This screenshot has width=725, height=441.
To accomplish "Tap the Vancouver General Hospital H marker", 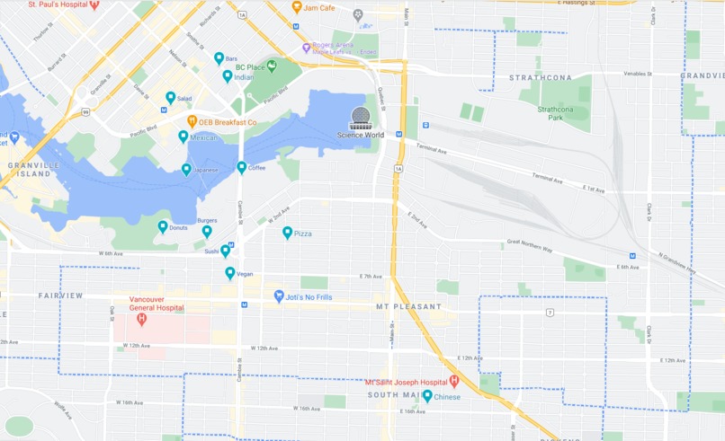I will click(x=140, y=319).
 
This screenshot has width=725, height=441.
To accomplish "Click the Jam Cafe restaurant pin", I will click(x=297, y=7).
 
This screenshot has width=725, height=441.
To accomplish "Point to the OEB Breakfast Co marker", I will click(x=192, y=121).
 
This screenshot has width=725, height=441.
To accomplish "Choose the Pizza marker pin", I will click(x=287, y=233).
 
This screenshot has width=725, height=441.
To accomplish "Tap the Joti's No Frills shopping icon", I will click(x=279, y=295).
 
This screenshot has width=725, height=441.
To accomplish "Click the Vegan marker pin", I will click(x=230, y=272).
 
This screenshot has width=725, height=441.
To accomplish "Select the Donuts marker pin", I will click(x=163, y=227).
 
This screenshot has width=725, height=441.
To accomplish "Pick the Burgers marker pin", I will click(x=207, y=231).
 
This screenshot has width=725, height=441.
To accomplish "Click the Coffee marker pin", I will click(x=242, y=167).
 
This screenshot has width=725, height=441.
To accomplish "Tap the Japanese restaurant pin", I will click(x=186, y=169).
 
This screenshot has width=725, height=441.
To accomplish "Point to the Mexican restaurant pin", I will click(x=183, y=137).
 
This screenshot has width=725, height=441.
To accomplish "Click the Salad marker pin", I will click(x=170, y=97).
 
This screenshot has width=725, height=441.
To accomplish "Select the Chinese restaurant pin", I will click(x=427, y=395).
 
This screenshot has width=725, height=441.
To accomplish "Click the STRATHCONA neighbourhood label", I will click(x=540, y=78).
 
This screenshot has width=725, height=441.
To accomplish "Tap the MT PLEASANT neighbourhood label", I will click(x=409, y=307).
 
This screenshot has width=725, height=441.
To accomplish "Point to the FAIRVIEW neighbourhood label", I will click(x=60, y=295).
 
